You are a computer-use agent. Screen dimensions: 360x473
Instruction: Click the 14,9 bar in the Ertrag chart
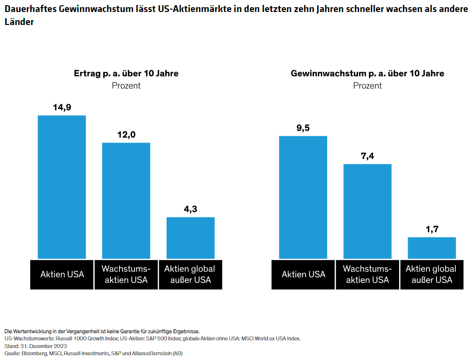coord(61,187)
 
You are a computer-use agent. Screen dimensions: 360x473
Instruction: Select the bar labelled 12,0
coord(126,201)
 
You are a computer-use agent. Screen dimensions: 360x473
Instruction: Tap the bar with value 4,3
coord(190,238)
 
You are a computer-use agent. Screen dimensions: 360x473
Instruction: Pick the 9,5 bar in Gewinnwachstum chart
coord(303,197)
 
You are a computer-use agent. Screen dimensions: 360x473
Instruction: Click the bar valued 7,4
coord(367,211)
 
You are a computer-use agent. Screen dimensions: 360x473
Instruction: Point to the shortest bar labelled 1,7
coord(432,248)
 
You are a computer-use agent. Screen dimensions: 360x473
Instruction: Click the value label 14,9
coord(61,108)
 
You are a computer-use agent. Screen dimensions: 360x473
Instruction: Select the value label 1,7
coord(432,229)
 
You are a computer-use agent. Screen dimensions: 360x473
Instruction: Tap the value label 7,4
coord(367,156)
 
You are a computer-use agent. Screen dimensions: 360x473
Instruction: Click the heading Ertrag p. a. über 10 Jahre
coord(126,73)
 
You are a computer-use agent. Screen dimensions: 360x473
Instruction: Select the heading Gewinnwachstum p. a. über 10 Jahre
coord(367,73)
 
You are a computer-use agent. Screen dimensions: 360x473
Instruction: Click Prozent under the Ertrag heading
coord(126,85)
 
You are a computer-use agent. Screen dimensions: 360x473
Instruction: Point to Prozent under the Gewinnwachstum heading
coord(367,85)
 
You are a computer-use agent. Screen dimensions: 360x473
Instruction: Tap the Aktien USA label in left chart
coord(62,275)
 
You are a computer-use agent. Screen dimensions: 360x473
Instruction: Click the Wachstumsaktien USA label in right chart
coord(367,275)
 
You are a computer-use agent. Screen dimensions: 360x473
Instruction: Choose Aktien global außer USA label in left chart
coord(190,275)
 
